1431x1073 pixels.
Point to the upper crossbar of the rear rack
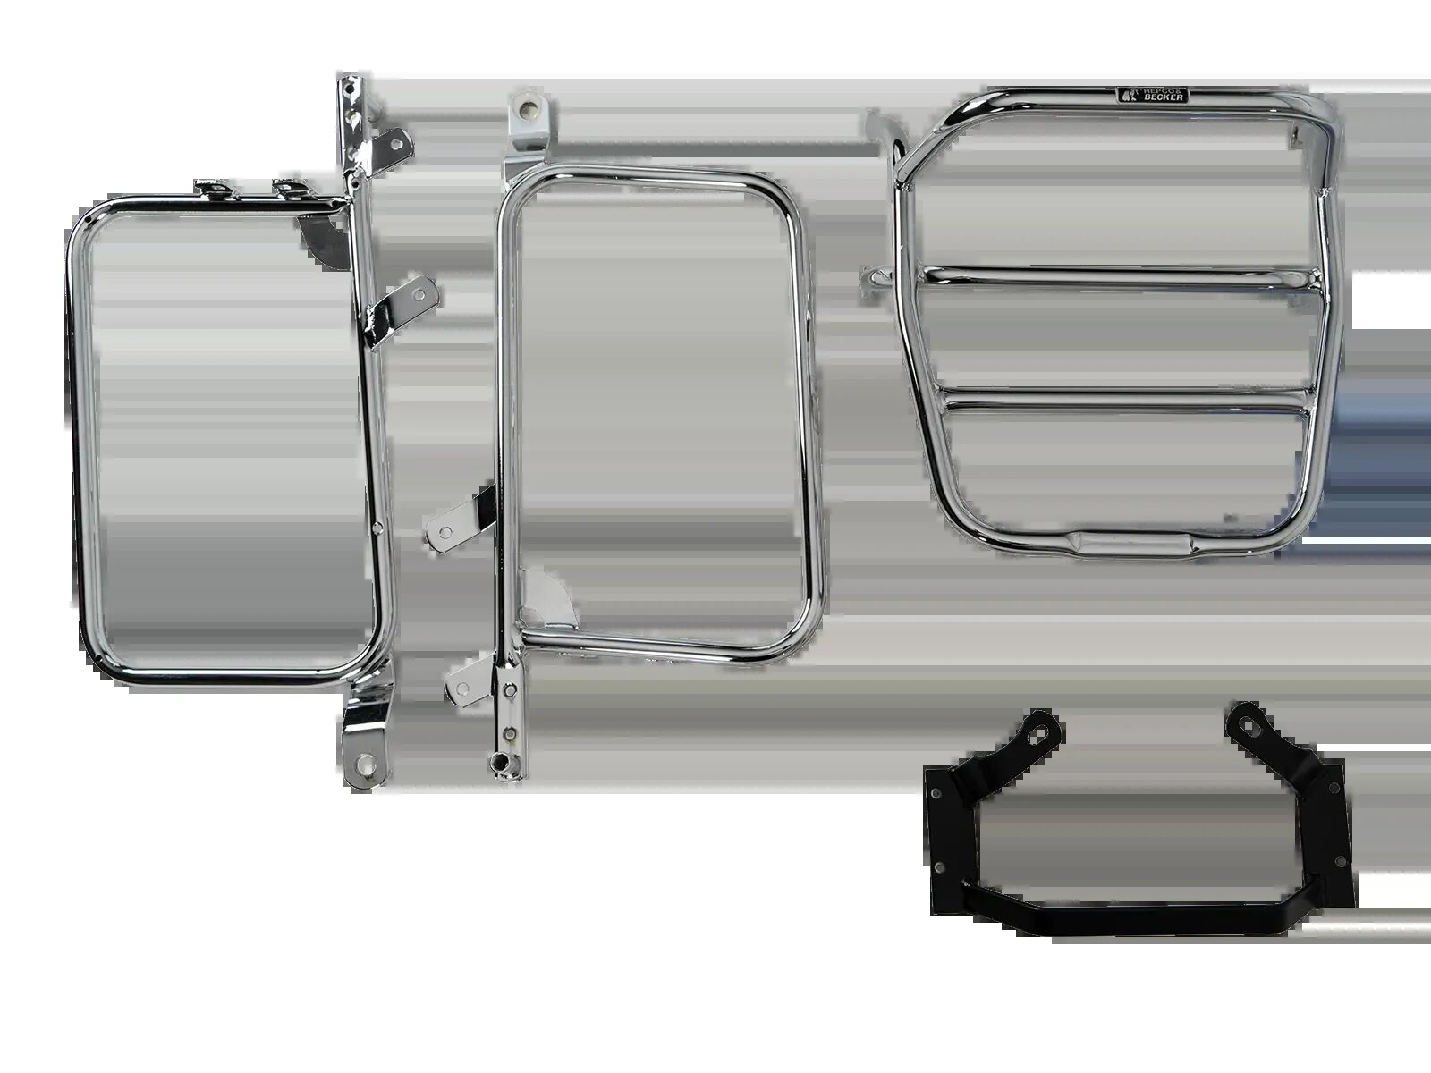pos(1120,276)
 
